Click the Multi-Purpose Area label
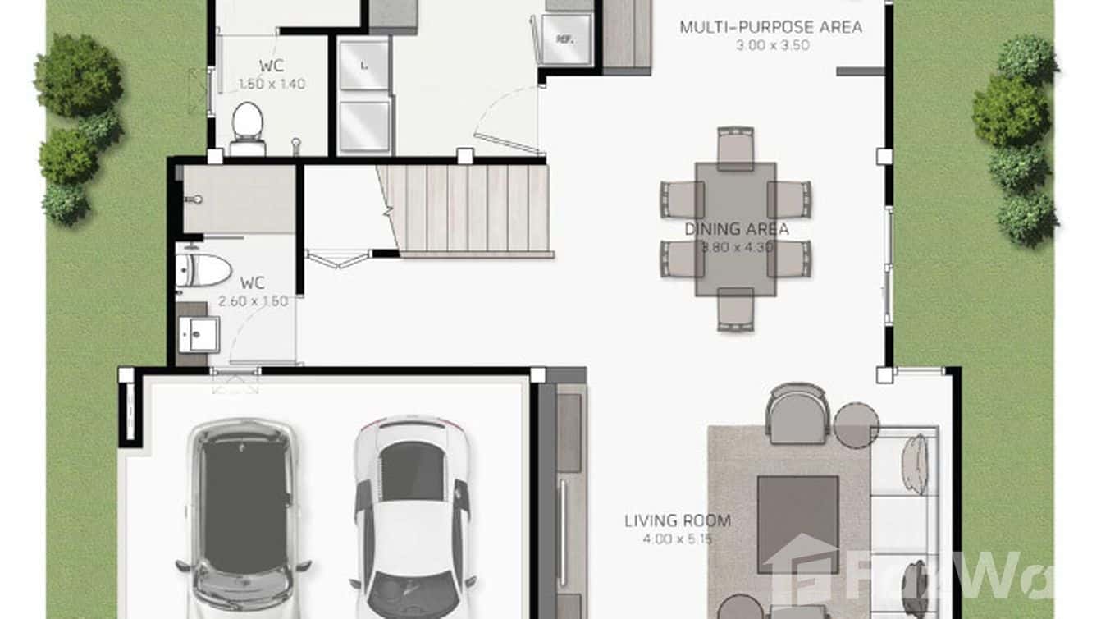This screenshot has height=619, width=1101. [770, 27]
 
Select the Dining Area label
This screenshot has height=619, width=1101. [736, 229]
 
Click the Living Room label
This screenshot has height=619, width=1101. [677, 520]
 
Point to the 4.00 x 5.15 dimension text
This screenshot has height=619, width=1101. [677, 539]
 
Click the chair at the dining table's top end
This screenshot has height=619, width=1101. [735, 148]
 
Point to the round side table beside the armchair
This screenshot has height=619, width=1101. [857, 424]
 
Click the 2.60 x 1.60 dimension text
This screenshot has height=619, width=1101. [253, 301]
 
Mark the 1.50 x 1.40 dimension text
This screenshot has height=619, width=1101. [272, 84]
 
